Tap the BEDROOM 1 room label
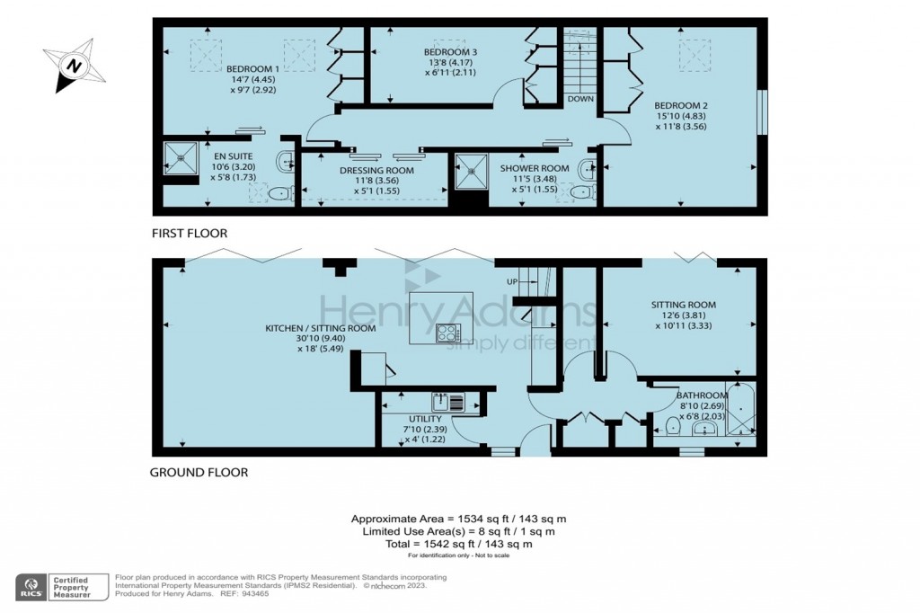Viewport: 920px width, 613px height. (x=252, y=69)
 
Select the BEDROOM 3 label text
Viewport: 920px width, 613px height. (x=450, y=53)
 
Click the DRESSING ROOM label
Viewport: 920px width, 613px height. (x=376, y=171)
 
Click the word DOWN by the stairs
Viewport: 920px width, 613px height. (x=580, y=99)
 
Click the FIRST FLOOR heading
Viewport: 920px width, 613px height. (x=189, y=234)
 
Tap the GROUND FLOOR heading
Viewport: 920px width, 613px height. (x=199, y=472)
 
